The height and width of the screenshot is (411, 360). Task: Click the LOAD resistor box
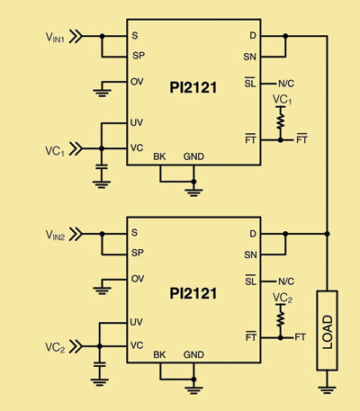tap(327, 330)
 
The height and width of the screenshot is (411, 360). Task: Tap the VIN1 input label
tap(55, 37)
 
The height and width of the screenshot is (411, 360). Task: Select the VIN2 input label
tap(55, 235)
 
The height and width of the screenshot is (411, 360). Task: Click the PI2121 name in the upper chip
tap(193, 87)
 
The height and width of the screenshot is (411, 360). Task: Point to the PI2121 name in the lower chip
tap(193, 293)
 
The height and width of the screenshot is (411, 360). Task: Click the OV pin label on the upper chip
tap(137, 82)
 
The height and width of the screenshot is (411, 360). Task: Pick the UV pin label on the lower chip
tap(137, 322)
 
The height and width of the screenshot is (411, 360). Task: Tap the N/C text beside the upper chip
tap(286, 84)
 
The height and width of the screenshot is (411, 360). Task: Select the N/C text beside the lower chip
tap(286, 281)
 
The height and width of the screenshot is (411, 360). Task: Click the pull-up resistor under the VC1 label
tap(281, 118)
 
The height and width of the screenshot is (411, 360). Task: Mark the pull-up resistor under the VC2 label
tap(281, 317)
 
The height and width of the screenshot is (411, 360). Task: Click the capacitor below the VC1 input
tap(102, 166)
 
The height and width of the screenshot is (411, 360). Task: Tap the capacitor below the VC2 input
tap(100, 364)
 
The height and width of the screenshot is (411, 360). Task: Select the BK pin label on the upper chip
tap(159, 156)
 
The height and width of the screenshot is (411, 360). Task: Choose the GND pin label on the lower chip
tap(193, 354)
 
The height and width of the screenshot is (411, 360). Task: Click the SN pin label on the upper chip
tap(250, 57)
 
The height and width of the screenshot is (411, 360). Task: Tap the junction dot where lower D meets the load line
tap(327, 234)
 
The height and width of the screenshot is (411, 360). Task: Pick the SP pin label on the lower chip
tap(138, 253)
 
